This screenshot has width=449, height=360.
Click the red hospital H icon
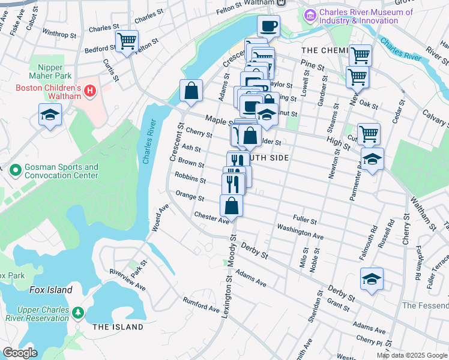point(90,91)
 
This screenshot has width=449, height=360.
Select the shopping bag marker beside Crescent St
point(191,92)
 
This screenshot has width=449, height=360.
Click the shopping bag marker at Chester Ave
point(232,206)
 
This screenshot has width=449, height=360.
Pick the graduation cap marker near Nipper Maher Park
point(50,115)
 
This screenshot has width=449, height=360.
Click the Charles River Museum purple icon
point(311,14)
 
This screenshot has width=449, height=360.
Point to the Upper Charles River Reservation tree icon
point(77,313)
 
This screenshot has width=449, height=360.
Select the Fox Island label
point(51,290)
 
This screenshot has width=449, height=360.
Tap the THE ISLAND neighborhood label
point(118,327)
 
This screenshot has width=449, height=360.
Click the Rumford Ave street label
point(201,304)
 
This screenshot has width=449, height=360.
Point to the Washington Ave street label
point(300,232)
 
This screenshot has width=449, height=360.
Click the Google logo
point(20,353)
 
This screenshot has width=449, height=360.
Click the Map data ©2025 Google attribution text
point(411,355)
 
